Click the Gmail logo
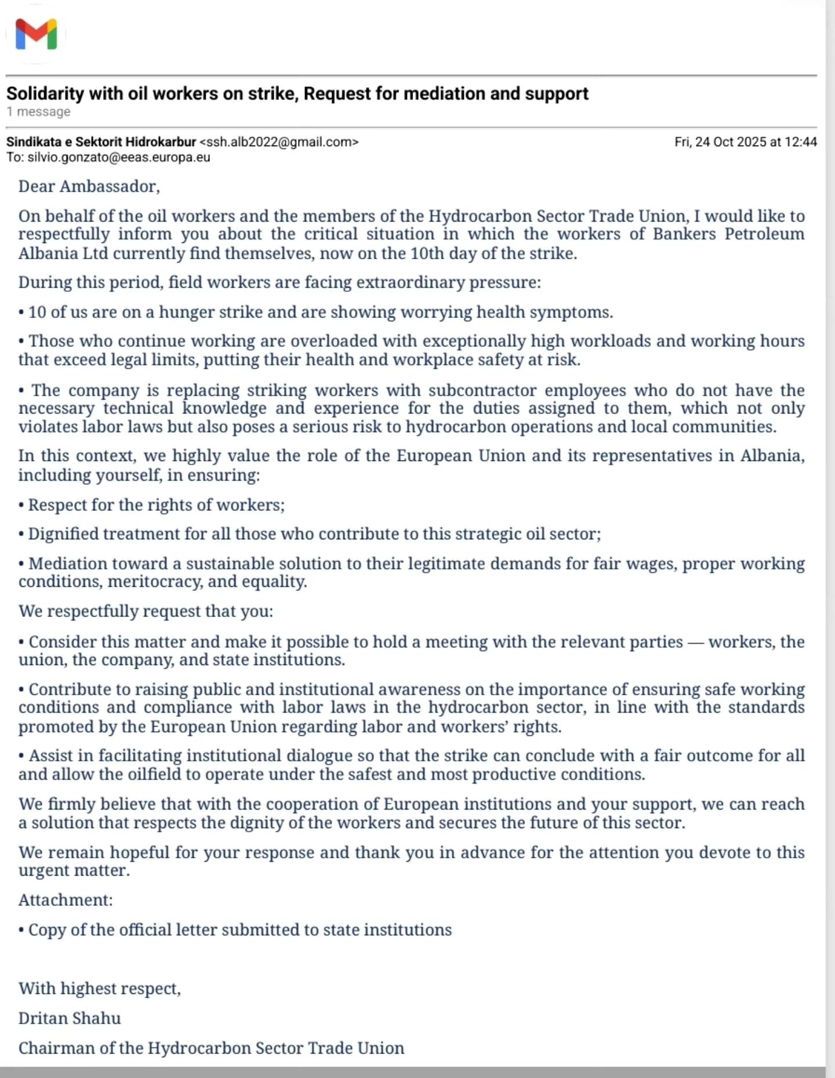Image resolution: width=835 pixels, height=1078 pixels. coord(36,34)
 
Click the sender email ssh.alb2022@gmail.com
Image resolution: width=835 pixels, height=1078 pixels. coord(279,142)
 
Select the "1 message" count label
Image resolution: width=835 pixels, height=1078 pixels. coord(39,111)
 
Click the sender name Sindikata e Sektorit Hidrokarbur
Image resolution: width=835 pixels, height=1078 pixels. coord(101,142)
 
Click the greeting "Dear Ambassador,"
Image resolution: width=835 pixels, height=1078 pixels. coord(89,186)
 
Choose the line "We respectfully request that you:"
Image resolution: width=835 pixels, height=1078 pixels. coord(146,611)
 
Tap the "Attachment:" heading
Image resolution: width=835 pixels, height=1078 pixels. coord(66,900)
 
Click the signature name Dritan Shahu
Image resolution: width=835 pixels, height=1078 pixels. coord(70,1018)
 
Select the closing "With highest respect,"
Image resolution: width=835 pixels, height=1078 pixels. coord(100,988)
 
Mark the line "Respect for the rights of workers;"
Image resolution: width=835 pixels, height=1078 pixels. coord(156,505)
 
